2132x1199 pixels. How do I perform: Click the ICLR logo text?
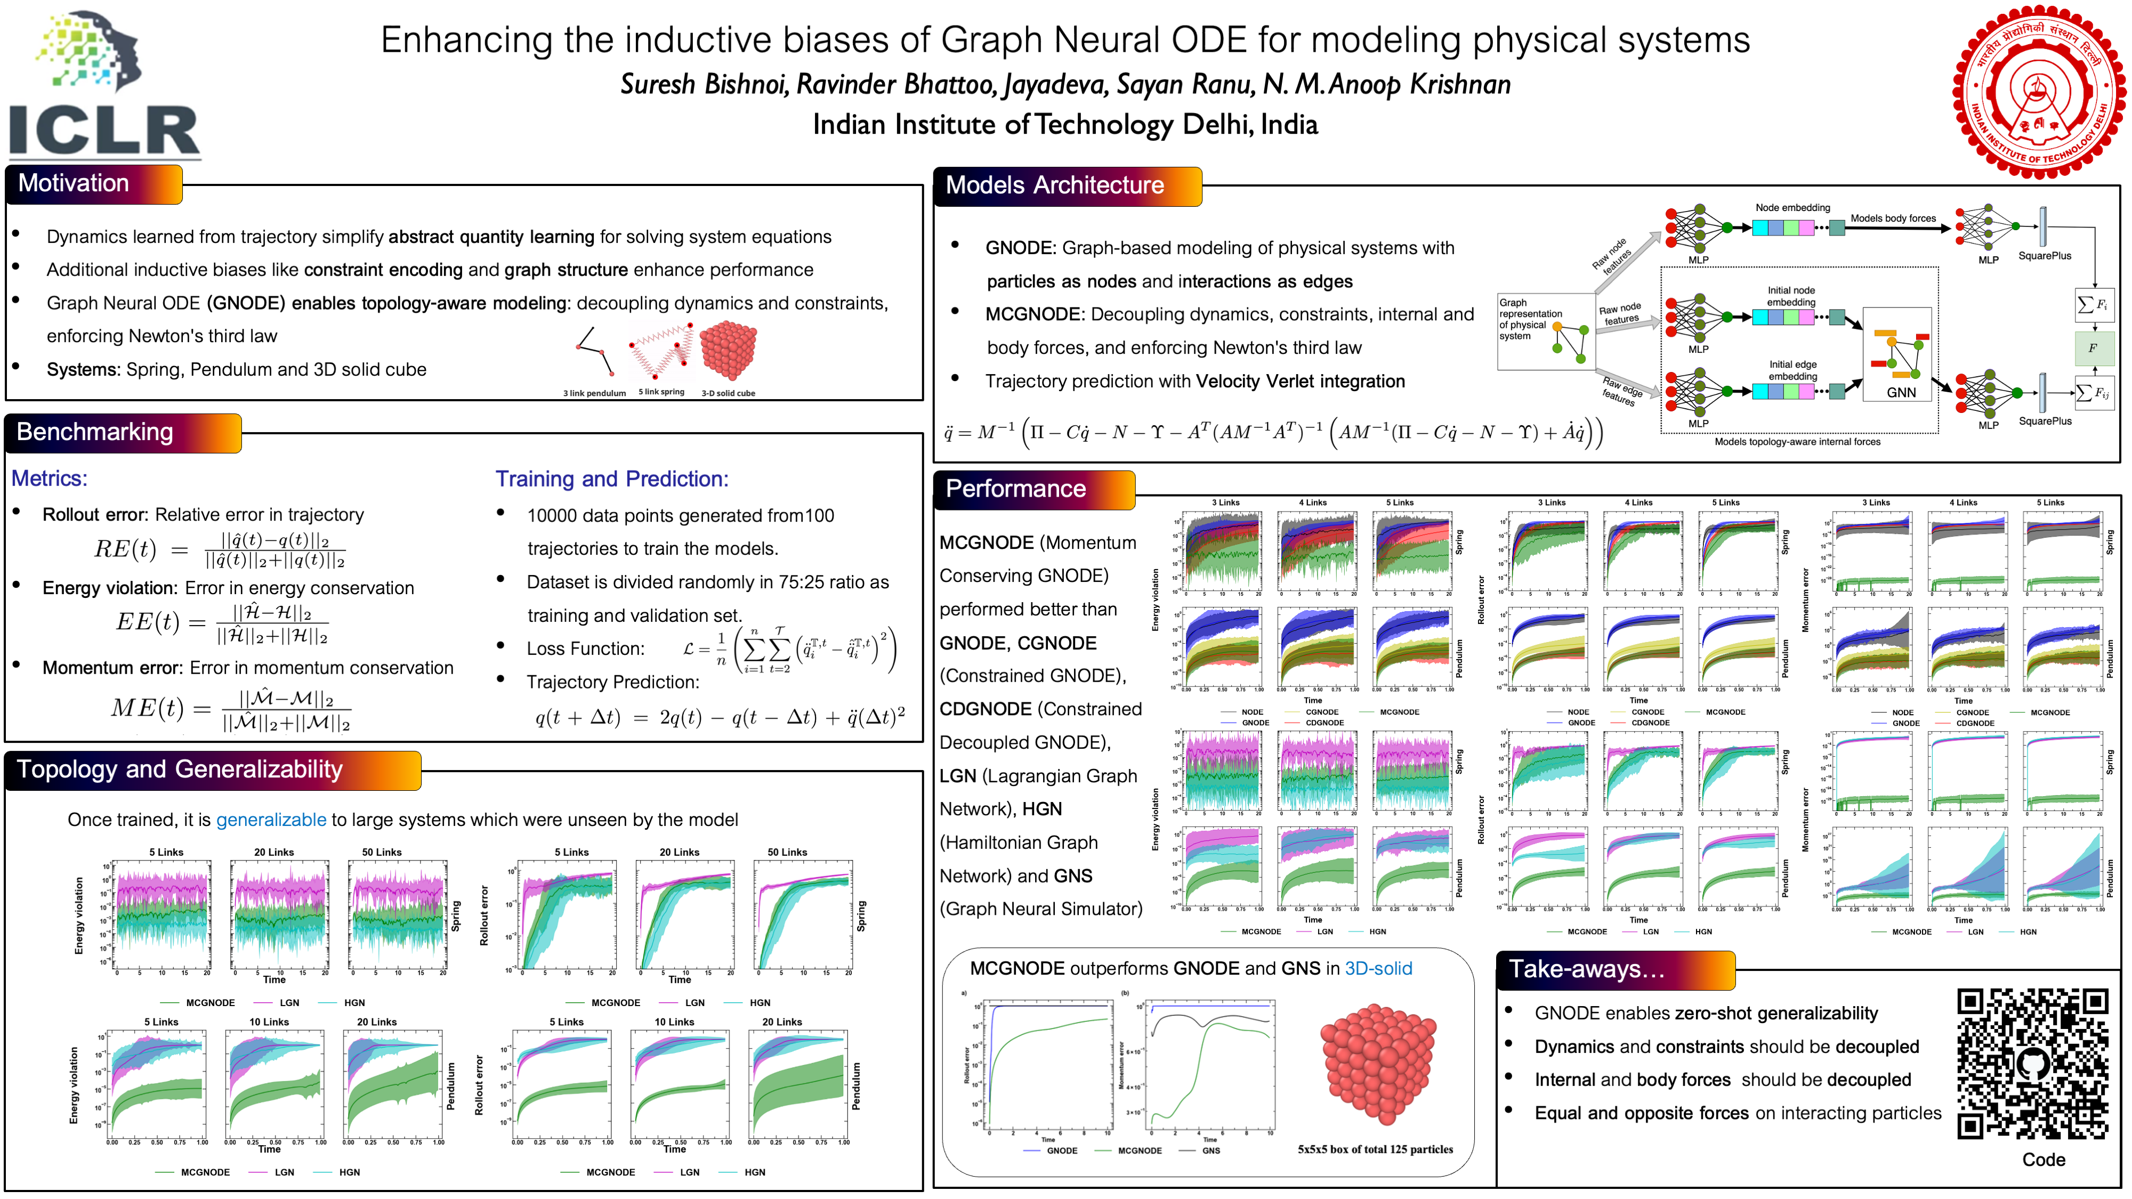coord(104,131)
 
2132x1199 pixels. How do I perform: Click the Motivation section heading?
coord(74,184)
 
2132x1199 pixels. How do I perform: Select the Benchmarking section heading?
coord(95,432)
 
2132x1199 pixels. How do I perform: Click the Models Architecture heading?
coord(1054,185)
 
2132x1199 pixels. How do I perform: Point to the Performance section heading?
coord(1015,489)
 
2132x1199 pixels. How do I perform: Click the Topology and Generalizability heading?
coord(180,769)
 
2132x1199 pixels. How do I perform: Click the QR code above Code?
coord(2033,1064)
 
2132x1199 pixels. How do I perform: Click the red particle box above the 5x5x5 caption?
coord(1378,1064)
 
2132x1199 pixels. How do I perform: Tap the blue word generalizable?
coord(271,820)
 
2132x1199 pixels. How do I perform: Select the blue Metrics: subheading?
coord(49,479)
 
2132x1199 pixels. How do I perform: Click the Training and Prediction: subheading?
coord(612,479)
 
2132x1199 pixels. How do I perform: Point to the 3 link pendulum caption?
coord(594,393)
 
